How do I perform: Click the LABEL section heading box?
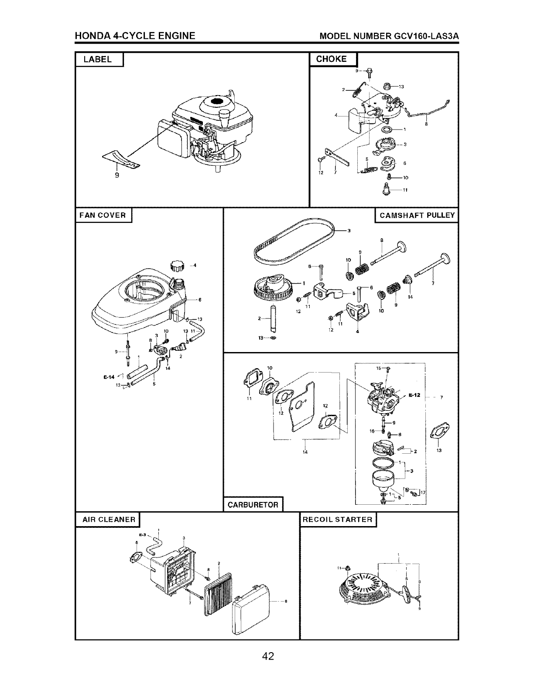(x=99, y=59)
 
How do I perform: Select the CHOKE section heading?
(x=332, y=59)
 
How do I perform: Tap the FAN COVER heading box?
(x=103, y=215)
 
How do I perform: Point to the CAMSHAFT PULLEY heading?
(x=417, y=215)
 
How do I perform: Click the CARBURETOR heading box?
(x=253, y=505)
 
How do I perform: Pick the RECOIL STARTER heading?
(x=338, y=520)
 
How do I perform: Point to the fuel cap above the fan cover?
(x=178, y=265)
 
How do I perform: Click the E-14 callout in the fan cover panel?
(x=109, y=376)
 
